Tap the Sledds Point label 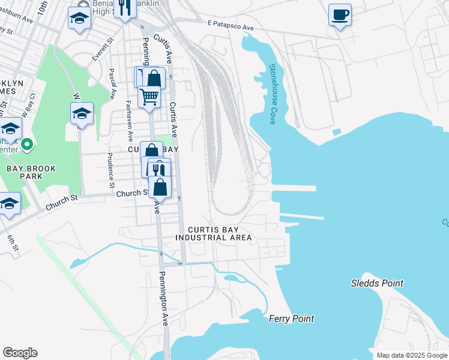click(377, 283)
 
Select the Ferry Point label click(291, 319)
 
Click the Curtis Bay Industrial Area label click(213, 233)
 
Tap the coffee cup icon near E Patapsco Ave click(340, 14)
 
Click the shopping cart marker click(149, 95)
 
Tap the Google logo click(20, 353)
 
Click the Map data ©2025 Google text click(411, 355)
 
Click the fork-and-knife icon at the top click(124, 8)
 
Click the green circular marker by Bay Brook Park click(26, 145)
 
